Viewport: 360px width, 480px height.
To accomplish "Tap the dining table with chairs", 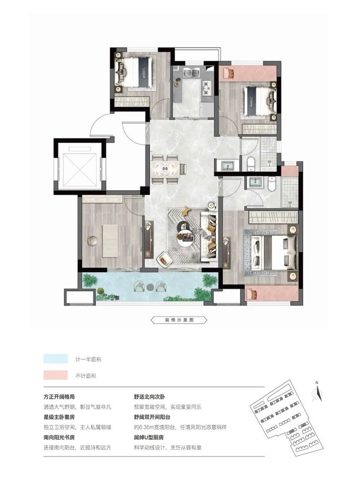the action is tap(167, 169).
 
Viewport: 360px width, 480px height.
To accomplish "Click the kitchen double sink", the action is tap(191, 73).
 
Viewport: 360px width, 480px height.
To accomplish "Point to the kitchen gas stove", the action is tap(207, 87).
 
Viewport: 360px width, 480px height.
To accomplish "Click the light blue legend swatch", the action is tap(56, 359).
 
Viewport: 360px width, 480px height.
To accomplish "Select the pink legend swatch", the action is tap(56, 375).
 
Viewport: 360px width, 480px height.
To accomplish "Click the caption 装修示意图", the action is tap(179, 320).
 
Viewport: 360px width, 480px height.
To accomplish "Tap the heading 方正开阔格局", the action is tap(59, 397).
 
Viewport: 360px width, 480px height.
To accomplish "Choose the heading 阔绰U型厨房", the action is tap(149, 437).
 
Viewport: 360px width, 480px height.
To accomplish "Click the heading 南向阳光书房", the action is tap(59, 437).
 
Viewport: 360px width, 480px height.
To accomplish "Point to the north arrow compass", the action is tap(317, 392).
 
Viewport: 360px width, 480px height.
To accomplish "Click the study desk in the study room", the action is tap(110, 241).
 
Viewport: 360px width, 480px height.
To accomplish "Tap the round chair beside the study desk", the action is tap(92, 240).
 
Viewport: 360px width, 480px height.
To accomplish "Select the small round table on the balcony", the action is tap(150, 287).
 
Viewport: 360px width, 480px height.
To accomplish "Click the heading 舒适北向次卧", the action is tap(149, 397).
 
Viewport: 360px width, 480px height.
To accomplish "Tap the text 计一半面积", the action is tap(88, 359).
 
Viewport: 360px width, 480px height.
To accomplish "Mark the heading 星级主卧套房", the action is tap(59, 417).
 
